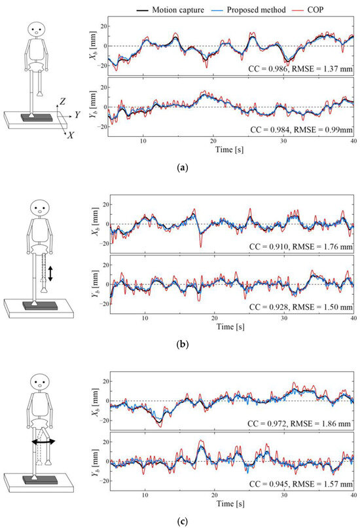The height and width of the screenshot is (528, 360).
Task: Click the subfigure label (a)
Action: [x=179, y=168]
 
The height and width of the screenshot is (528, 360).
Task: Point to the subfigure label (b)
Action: [x=179, y=343]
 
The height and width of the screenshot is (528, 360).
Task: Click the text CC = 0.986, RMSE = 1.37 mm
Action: [x=300, y=67]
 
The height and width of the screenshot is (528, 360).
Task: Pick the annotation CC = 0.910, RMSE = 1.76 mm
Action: [x=300, y=246]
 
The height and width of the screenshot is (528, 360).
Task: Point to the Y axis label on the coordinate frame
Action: [x=77, y=114]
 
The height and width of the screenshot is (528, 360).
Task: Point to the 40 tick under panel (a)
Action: [x=353, y=141]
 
